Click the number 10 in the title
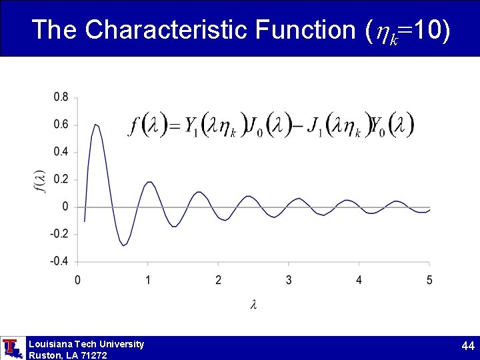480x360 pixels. [x=428, y=29]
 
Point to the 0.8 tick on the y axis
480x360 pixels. [x=61, y=97]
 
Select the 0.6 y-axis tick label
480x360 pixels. [x=61, y=125]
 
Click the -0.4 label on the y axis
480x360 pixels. [x=59, y=261]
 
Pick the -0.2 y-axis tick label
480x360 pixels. [x=59, y=234]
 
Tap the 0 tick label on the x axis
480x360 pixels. [x=78, y=279]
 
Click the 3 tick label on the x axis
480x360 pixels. [x=289, y=279]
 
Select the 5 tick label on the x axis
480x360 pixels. [x=429, y=279]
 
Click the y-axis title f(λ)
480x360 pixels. [x=40, y=180]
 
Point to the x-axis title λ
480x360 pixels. [x=254, y=305]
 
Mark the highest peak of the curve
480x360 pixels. [x=96, y=124]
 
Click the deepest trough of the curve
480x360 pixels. [x=123, y=245]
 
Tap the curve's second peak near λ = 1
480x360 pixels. [x=149, y=181]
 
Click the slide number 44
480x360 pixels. [x=467, y=346]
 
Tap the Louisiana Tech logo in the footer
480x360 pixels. [x=11, y=348]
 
